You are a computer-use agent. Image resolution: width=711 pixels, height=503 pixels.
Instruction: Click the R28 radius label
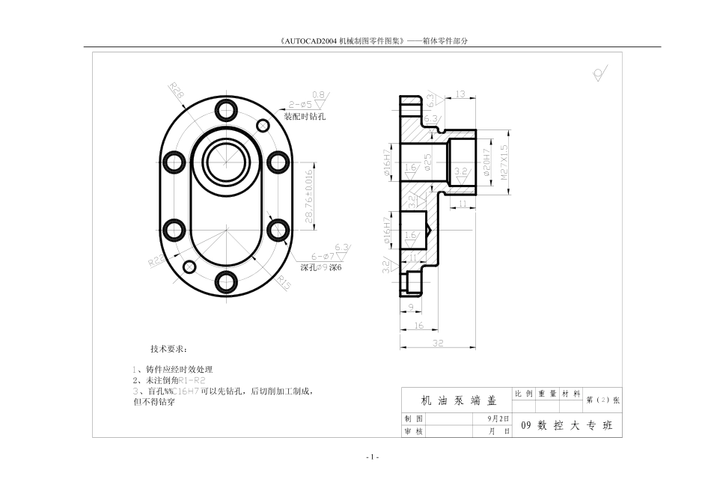[177, 91]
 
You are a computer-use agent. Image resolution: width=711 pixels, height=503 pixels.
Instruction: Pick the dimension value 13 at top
[460, 94]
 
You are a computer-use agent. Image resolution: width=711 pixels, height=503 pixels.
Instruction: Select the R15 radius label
[284, 283]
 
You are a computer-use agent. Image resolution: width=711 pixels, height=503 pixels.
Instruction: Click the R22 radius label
[156, 261]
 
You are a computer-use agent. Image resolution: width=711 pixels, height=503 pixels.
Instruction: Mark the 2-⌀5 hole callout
[299, 105]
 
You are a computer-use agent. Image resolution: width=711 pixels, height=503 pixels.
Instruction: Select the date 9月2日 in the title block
[498, 418]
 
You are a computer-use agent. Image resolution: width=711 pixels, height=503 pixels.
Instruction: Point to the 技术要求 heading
[169, 349]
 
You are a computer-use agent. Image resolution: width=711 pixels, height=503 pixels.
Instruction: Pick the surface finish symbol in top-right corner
[599, 73]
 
